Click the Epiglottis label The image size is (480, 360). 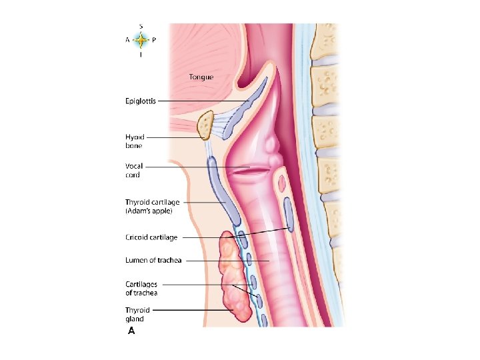point(141,101)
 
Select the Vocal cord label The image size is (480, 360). point(134,171)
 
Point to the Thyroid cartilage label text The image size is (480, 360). point(152,202)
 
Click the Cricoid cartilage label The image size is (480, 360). point(151,237)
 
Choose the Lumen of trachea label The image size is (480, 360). point(153,261)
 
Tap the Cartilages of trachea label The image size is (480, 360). point(142,288)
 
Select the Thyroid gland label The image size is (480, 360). point(138,315)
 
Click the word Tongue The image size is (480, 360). point(201,77)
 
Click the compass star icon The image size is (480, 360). point(140,40)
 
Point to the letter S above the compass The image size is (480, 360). point(140,26)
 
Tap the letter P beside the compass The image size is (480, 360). point(154,40)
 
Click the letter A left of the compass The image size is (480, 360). point(127,40)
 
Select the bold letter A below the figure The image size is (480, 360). point(131,331)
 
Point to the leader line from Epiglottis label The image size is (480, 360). point(200,101)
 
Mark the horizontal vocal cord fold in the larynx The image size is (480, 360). point(247,171)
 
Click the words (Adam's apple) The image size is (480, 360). point(149,211)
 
